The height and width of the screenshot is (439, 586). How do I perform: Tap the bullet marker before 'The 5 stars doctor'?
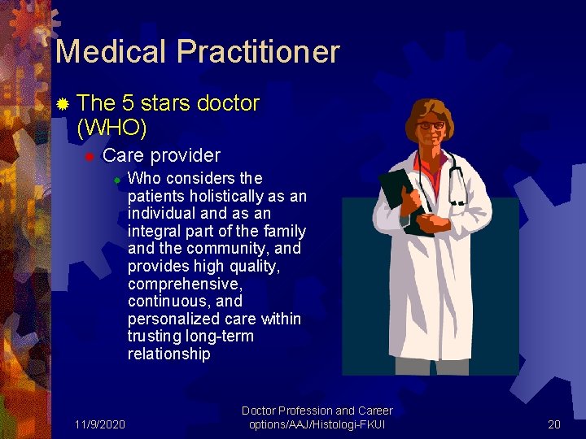pyautogui.click(x=62, y=104)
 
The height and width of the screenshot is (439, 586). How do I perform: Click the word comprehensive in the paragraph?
pyautogui.click(x=183, y=285)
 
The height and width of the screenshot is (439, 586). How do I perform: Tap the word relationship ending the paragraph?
pyautogui.click(x=169, y=354)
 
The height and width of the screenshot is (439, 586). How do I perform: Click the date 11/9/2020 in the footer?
pyautogui.click(x=99, y=424)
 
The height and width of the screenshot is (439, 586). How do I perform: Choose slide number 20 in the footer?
pyautogui.click(x=554, y=424)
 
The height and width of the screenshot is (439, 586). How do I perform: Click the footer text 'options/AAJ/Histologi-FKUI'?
pyautogui.click(x=317, y=424)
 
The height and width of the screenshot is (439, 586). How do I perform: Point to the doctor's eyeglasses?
pyautogui.click(x=431, y=125)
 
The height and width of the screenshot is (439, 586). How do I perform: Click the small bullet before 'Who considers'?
pyautogui.click(x=116, y=179)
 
